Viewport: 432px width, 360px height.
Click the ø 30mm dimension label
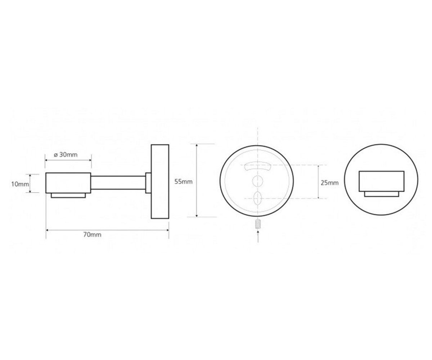(66, 154)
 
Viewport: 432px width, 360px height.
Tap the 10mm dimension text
(20, 184)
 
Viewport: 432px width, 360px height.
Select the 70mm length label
(92, 235)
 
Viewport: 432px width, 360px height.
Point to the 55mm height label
(184, 181)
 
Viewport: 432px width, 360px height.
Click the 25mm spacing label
(330, 183)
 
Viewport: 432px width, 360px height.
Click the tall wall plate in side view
(160, 181)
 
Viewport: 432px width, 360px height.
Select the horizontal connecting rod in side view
(118, 183)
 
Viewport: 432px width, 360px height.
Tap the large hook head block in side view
(68, 183)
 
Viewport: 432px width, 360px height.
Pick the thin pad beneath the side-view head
(68, 195)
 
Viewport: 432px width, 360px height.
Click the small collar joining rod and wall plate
(148, 183)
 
